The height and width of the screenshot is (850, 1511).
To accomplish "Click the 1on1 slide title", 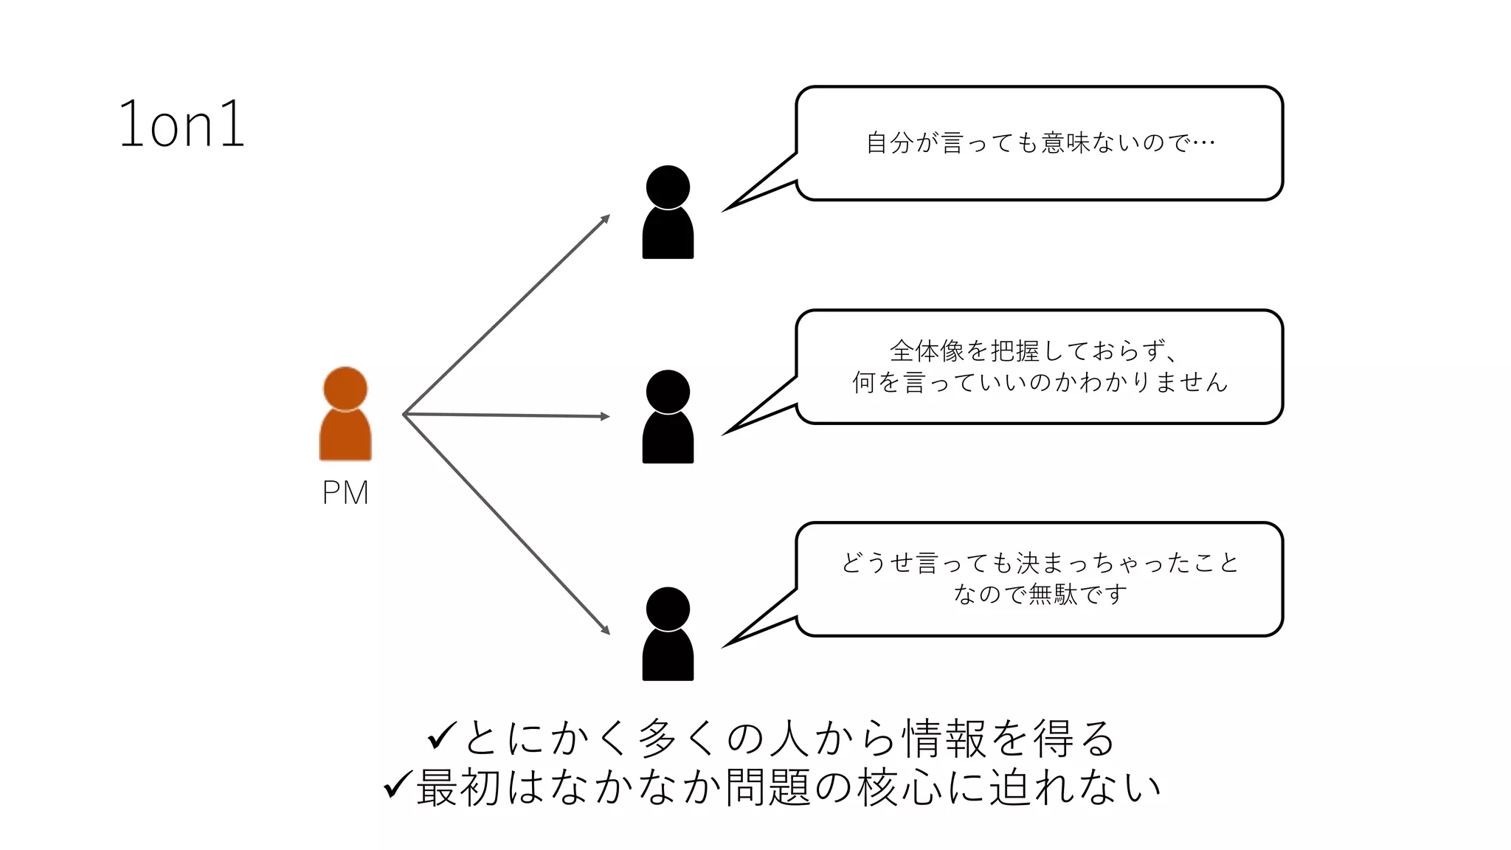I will pos(181,125).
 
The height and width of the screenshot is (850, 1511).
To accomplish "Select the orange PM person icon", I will pos(345,415).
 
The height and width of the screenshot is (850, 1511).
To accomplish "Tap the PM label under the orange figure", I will pos(345,493).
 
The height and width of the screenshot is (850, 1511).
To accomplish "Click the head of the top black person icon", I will pos(668,187).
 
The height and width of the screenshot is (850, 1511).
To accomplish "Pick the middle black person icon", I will pos(668,417).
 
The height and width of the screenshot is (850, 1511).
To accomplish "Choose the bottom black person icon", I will pos(668,634).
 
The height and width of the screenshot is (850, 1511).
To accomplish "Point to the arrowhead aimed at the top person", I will pos(606,218).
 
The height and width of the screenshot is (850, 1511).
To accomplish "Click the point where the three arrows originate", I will pos(404,415).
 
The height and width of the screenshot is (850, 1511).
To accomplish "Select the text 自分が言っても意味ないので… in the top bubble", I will pos(1040,142).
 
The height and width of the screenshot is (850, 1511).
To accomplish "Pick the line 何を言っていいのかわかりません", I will pos(1040,382).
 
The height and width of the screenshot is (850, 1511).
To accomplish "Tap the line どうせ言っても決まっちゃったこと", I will pos(1040,563).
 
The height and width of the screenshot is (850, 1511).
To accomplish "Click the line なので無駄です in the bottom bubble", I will pos(1040,594).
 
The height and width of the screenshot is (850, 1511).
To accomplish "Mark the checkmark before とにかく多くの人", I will pos(442,736).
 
